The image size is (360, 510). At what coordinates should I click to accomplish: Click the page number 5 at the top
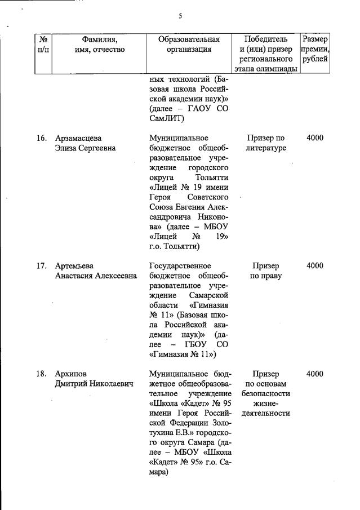tap(180, 16)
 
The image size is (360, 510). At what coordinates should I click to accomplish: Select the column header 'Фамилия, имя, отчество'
tap(99, 45)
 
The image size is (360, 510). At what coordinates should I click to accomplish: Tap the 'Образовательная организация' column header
tap(189, 45)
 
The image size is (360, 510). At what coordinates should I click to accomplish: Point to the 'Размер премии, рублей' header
tap(315, 49)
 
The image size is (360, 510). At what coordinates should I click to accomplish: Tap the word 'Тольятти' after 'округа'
tap(210, 179)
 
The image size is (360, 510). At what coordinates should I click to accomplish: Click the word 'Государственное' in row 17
tap(180, 266)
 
